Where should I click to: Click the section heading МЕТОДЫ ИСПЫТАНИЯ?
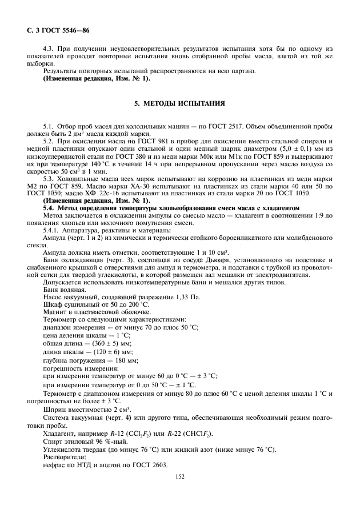tap(180, 105)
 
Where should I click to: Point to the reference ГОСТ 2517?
tap(237, 125)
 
